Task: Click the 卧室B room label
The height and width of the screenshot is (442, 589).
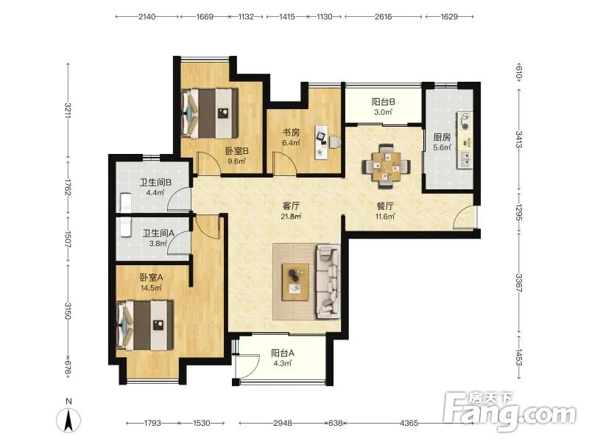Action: coord(236,151)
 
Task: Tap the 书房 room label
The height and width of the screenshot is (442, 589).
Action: coord(291,133)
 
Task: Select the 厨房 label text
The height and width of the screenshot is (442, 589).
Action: coord(442,137)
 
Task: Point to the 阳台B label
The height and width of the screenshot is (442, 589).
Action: coord(383,102)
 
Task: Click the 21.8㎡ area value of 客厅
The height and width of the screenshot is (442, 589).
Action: coord(291,217)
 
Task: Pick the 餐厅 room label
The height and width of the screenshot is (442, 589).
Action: coord(385,206)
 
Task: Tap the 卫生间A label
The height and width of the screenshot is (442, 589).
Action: coord(158,234)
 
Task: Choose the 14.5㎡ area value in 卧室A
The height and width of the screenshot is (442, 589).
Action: coord(151,288)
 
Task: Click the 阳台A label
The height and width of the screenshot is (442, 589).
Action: coord(283,354)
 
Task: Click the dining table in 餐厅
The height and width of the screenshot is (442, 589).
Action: coord(387,166)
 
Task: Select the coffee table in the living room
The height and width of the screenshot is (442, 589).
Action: coord(296,282)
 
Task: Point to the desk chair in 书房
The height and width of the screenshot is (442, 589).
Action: coord(335,142)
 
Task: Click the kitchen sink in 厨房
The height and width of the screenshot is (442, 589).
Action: coord(465,160)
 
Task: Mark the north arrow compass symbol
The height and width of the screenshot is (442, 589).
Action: coord(68,419)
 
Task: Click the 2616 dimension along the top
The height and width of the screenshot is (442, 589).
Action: coord(383,16)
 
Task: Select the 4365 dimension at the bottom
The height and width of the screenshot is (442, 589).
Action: coord(409,423)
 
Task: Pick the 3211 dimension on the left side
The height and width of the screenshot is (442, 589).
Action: coord(68,110)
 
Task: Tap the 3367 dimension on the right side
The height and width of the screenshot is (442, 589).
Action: coord(518,283)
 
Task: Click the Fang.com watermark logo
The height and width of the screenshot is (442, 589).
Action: coord(509,412)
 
